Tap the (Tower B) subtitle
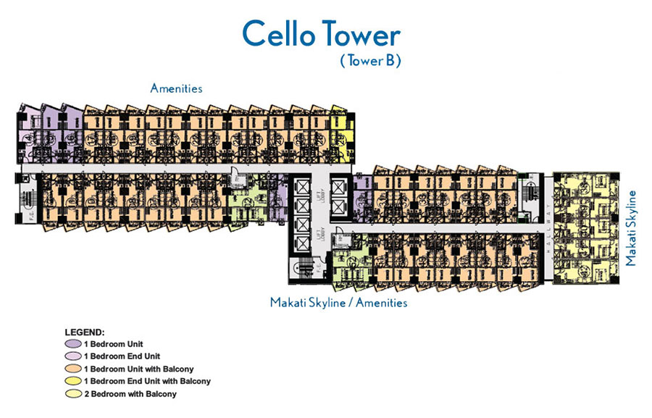tap(370, 62)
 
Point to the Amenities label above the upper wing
tap(176, 88)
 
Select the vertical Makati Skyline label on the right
tap(632, 227)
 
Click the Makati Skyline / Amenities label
tap(338, 302)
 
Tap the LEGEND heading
tap(85, 331)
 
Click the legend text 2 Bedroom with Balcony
tap(131, 394)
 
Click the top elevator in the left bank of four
tap(299, 187)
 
